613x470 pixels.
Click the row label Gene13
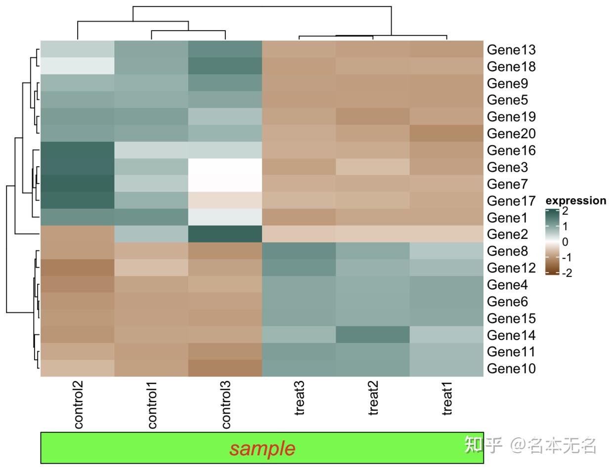coord(511,49)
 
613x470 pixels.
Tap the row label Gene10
coord(511,369)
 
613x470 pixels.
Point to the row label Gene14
coord(511,335)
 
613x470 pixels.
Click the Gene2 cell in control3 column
coord(225,234)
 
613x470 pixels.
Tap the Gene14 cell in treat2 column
coord(373,335)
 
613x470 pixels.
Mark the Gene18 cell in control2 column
coord(78,66)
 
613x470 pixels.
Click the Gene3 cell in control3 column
coord(225,167)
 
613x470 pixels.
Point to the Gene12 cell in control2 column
coord(78,268)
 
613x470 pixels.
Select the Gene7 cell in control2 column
coord(78,184)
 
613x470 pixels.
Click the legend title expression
coord(575,200)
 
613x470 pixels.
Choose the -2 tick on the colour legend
coord(567,273)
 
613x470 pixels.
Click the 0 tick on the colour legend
coord(565,242)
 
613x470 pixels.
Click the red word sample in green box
coord(262,448)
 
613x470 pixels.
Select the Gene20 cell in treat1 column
coord(446,133)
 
